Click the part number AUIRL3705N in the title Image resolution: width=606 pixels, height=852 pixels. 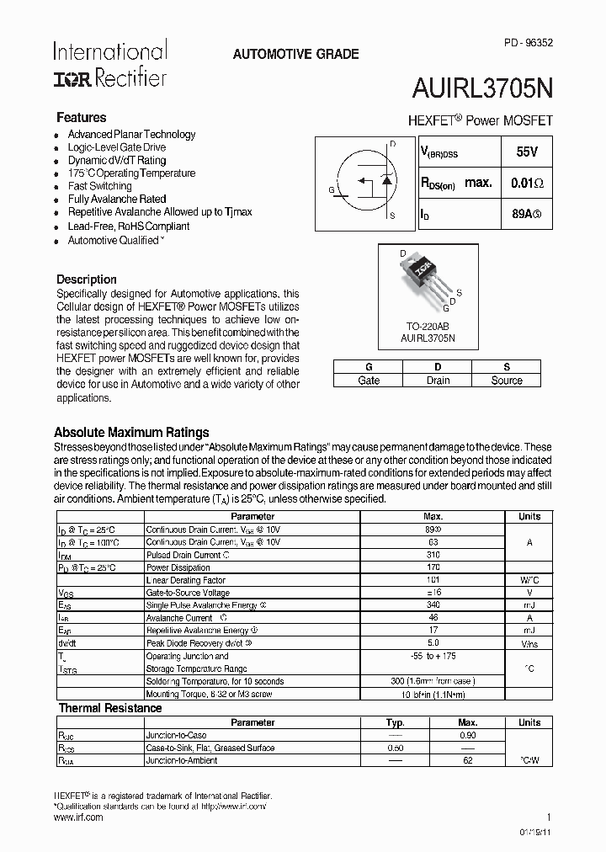(481, 87)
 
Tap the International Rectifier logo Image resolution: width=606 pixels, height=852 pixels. (109, 64)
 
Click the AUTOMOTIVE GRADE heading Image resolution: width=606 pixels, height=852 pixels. (295, 54)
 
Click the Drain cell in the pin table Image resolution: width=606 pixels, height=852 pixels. (437, 381)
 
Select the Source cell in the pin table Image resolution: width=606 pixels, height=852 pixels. (507, 381)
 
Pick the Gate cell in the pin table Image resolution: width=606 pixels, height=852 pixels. (368, 381)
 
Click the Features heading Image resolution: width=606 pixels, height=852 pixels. (81, 118)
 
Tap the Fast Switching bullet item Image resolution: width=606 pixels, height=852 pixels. (99, 186)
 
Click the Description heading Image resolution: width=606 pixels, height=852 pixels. (87, 280)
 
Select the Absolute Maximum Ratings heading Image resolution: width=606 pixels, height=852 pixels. (131, 433)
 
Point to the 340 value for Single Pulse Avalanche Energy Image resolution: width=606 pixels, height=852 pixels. (433, 605)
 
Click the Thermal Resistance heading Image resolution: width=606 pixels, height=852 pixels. (109, 709)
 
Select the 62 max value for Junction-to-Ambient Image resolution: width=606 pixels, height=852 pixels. (468, 760)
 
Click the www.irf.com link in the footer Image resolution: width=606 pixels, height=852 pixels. (78, 817)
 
